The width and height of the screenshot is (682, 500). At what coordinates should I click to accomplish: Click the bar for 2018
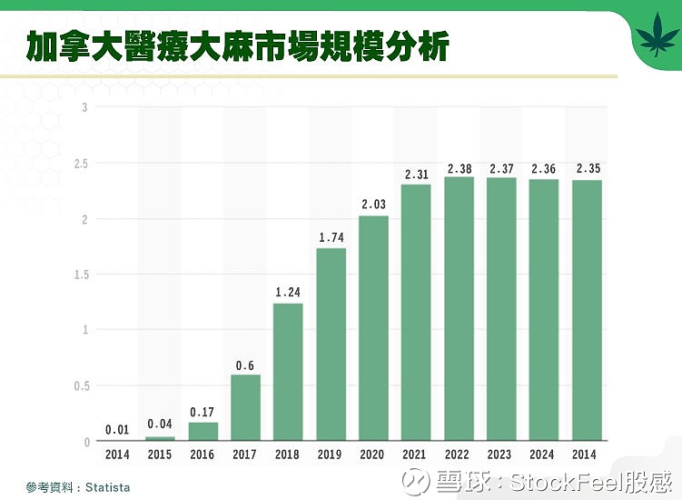288,372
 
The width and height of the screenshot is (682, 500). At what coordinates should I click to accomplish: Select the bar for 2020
373,328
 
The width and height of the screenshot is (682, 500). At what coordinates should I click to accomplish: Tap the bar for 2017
246,407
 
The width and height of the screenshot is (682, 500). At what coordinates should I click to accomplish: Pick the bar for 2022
459,309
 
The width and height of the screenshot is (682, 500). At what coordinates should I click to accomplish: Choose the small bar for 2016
203,431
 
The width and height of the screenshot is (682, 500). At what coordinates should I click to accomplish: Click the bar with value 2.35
587,311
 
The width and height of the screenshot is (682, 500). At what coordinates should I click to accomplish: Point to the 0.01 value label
117,430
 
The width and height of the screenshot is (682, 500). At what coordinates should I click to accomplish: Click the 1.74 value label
331,238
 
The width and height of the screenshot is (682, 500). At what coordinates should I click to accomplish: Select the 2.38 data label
460,169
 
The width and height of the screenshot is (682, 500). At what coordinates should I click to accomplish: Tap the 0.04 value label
160,424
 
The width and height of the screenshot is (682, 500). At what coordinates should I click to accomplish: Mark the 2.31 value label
417,175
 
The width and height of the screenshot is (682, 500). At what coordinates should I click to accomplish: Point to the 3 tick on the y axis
84,107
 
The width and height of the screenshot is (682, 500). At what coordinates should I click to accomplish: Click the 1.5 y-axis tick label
81,275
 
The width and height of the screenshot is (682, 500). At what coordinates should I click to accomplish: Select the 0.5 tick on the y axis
81,385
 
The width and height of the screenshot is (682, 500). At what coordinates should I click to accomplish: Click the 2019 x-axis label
330,455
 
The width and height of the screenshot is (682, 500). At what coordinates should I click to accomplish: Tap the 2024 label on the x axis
541,455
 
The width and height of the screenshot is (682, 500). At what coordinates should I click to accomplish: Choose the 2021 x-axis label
414,455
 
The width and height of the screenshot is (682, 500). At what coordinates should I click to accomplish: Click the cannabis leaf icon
657,34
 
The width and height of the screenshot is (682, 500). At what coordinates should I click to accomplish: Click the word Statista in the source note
108,487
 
